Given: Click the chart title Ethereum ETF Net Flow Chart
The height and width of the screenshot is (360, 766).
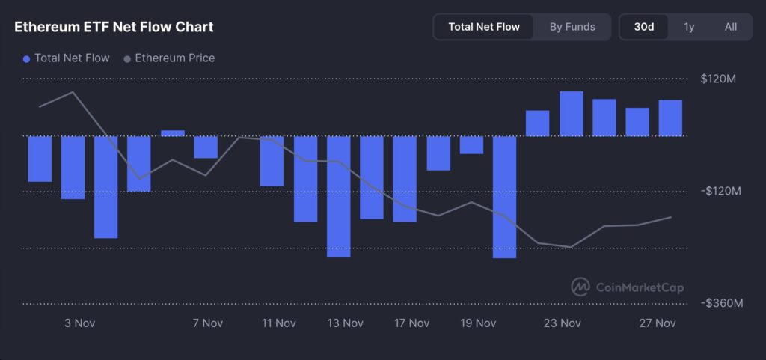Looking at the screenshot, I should (114, 27).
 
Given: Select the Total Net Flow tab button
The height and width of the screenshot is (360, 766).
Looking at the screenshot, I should (483, 27).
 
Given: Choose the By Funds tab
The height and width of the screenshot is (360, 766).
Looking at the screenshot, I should (572, 27).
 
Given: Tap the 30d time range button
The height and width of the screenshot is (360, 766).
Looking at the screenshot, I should (644, 27).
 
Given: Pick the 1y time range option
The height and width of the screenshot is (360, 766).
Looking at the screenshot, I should (689, 27).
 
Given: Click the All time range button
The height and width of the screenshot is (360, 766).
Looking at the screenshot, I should (731, 27).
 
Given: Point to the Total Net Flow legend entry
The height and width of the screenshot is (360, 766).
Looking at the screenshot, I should (67, 58).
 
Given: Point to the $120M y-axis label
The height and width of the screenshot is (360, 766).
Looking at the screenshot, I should (718, 79).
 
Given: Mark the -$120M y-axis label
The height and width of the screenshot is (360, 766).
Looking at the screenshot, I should (720, 191).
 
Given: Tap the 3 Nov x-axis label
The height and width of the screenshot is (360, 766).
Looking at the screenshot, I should (79, 323).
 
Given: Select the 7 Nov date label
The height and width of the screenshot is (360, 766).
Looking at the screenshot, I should (207, 323).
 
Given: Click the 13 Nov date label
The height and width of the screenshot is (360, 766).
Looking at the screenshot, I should (345, 323).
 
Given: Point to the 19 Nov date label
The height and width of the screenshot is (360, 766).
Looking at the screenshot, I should (478, 323).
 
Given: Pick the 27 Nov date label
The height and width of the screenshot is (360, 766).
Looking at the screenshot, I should (658, 323).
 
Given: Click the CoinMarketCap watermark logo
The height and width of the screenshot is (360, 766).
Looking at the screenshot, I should (627, 287).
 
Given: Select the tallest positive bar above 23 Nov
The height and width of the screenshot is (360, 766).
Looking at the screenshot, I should (571, 114).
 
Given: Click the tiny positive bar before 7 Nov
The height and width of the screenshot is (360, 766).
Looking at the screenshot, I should (173, 133).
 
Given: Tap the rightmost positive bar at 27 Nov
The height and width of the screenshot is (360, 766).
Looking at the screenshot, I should (670, 118).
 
